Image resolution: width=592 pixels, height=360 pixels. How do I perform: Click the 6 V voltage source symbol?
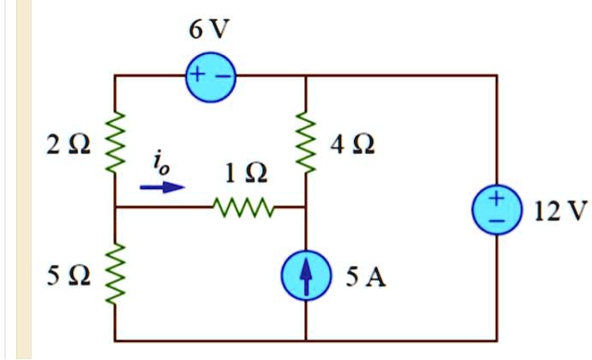(209, 76)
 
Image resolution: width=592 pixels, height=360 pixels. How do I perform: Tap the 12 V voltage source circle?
(497, 209)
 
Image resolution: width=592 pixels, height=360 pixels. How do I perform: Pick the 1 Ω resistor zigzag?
(243, 207)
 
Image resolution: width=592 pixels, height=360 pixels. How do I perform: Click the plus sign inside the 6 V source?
(197, 76)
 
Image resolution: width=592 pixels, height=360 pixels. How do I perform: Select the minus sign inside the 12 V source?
(497, 220)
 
